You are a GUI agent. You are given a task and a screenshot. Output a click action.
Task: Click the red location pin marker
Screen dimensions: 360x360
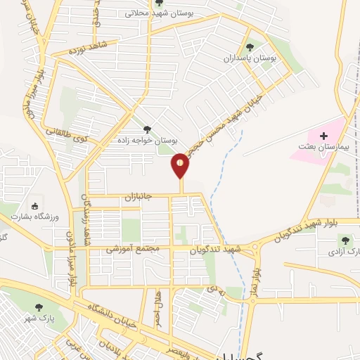(181, 165)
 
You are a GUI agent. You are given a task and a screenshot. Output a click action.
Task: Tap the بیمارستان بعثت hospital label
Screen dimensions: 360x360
(319, 146)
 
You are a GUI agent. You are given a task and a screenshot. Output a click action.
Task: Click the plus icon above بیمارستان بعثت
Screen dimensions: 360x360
(323, 134)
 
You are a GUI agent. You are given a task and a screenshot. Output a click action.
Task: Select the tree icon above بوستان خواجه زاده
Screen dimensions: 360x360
(146, 129)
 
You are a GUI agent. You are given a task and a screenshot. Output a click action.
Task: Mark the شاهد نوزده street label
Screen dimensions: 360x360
(87, 48)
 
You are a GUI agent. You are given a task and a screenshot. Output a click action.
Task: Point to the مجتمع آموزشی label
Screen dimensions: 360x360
(134, 249)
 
